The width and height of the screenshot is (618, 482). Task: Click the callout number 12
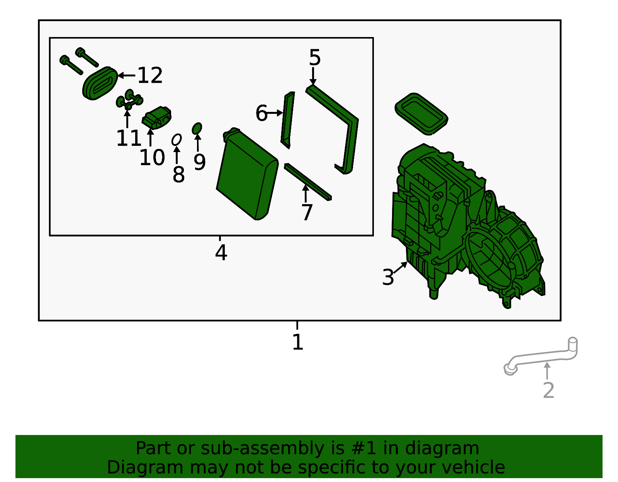(x=150, y=76)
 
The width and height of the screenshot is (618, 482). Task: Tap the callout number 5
(x=315, y=58)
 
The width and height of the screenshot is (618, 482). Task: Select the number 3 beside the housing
(x=388, y=277)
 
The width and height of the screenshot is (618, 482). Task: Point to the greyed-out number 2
(x=548, y=391)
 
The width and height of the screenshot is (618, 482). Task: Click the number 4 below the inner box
(x=221, y=252)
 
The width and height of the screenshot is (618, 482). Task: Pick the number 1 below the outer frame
(x=298, y=342)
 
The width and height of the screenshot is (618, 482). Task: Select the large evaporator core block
(x=247, y=174)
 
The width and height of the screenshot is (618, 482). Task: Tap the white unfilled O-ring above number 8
(x=177, y=140)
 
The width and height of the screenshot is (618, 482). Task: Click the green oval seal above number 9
(x=197, y=129)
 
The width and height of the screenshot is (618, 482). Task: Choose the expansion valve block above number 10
(x=157, y=118)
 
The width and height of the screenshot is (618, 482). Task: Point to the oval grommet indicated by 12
(x=100, y=83)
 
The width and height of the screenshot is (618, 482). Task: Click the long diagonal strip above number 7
(x=308, y=182)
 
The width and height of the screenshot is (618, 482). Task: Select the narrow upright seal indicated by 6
(x=288, y=120)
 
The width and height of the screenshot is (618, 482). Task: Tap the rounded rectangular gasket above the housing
(x=421, y=114)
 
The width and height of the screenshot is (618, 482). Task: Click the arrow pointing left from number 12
(x=126, y=76)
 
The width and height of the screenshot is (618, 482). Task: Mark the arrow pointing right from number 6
(x=275, y=113)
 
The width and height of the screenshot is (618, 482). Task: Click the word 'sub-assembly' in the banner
(x=262, y=448)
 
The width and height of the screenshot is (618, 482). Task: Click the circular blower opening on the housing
(x=490, y=260)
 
